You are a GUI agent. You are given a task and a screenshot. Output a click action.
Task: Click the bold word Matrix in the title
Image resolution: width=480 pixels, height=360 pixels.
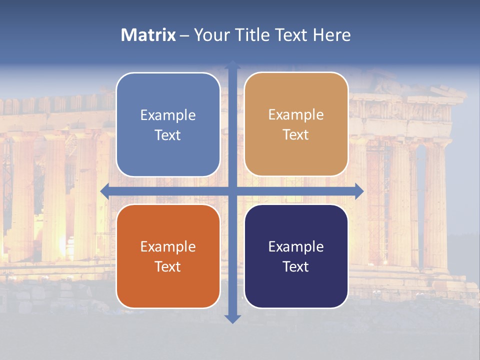[x=148, y=35]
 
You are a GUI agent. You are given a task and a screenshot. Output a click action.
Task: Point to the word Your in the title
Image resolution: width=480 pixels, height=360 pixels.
[x=210, y=35]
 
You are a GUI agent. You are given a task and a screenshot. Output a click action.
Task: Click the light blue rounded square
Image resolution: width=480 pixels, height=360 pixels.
[x=168, y=124]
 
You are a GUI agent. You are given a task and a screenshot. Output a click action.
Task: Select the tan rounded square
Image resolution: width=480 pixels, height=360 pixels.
[x=296, y=124]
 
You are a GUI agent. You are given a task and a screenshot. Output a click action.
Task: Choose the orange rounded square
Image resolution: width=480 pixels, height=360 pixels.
[x=168, y=256]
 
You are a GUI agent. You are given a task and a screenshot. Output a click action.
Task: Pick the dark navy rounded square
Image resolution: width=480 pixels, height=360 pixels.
[x=296, y=256]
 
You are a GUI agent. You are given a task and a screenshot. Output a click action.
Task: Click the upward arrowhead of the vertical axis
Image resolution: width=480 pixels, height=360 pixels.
[x=232, y=65]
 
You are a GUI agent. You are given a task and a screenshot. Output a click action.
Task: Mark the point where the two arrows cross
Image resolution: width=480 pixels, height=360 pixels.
[x=232, y=191]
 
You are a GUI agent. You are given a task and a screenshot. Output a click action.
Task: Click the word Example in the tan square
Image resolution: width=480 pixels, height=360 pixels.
[x=296, y=114]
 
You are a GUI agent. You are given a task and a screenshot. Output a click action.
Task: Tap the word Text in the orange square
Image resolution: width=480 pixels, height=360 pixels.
[x=168, y=266]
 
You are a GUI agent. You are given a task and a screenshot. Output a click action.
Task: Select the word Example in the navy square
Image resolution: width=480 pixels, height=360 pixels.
[x=296, y=246]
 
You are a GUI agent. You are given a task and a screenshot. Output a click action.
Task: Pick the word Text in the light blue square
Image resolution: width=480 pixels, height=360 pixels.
[x=168, y=135]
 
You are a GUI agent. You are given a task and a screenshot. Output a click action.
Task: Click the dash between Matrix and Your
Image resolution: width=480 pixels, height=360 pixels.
[x=184, y=35]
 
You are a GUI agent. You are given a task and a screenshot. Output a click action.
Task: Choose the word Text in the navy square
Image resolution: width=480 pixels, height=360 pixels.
[x=296, y=266]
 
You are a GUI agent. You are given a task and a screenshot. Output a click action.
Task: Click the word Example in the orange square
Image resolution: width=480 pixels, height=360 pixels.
[x=168, y=246]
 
